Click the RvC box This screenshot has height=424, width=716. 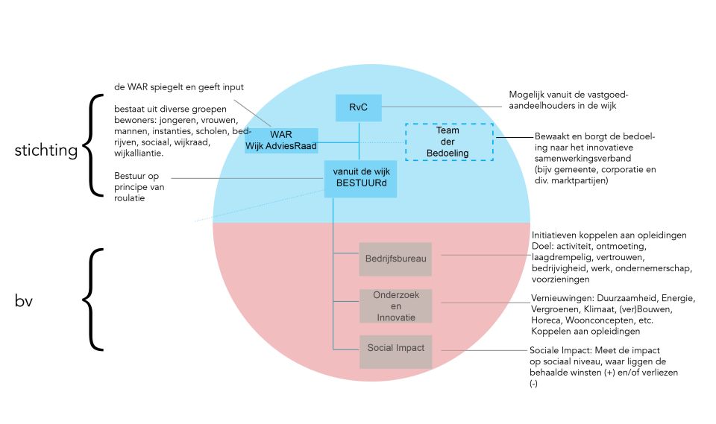[x=359, y=108]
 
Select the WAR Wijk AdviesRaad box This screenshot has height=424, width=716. [x=281, y=141]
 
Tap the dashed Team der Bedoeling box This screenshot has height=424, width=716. [x=449, y=142]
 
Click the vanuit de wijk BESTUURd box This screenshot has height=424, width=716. [x=360, y=179]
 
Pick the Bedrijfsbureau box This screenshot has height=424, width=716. [x=395, y=259]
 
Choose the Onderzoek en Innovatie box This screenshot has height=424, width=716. [x=395, y=306]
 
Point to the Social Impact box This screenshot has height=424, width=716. [x=395, y=352]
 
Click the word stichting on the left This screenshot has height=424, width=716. [x=46, y=151]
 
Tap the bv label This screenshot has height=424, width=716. [x=24, y=301]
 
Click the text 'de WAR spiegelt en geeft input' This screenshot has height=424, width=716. [x=179, y=87]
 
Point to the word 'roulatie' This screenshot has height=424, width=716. [x=130, y=198]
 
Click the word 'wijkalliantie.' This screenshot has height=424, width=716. [x=139, y=154]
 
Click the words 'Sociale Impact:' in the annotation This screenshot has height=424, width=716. [x=561, y=350]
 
